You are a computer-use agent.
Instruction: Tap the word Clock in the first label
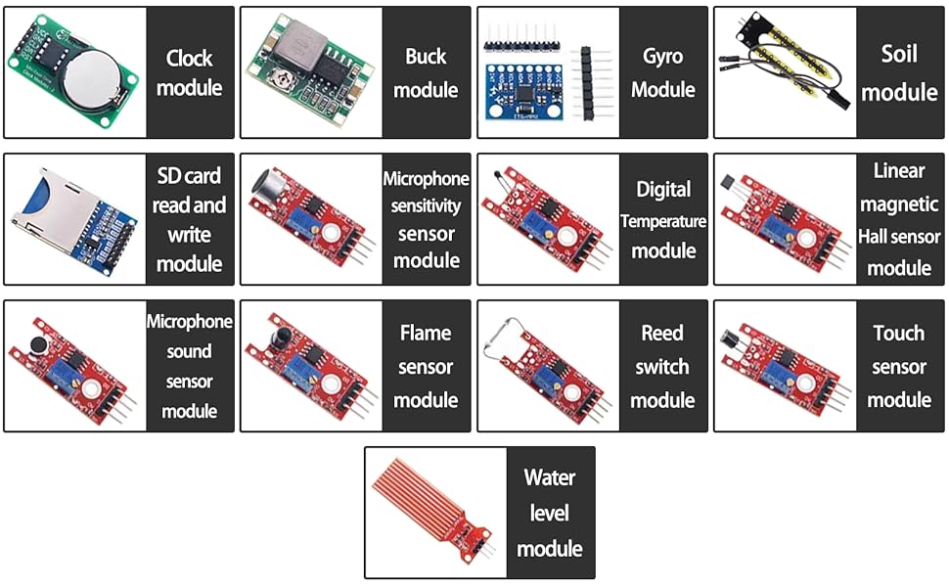(189, 58)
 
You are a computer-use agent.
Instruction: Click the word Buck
(426, 57)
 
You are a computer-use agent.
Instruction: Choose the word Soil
(898, 54)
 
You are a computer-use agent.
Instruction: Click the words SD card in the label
(189, 176)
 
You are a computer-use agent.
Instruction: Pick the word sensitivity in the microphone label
(426, 206)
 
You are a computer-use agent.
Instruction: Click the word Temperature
(662, 221)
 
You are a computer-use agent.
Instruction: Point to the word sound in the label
(189, 351)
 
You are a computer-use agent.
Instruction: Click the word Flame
(426, 334)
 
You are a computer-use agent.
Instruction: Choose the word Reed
(662, 334)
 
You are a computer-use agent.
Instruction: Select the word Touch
(898, 334)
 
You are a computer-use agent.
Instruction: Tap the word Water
(549, 478)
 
